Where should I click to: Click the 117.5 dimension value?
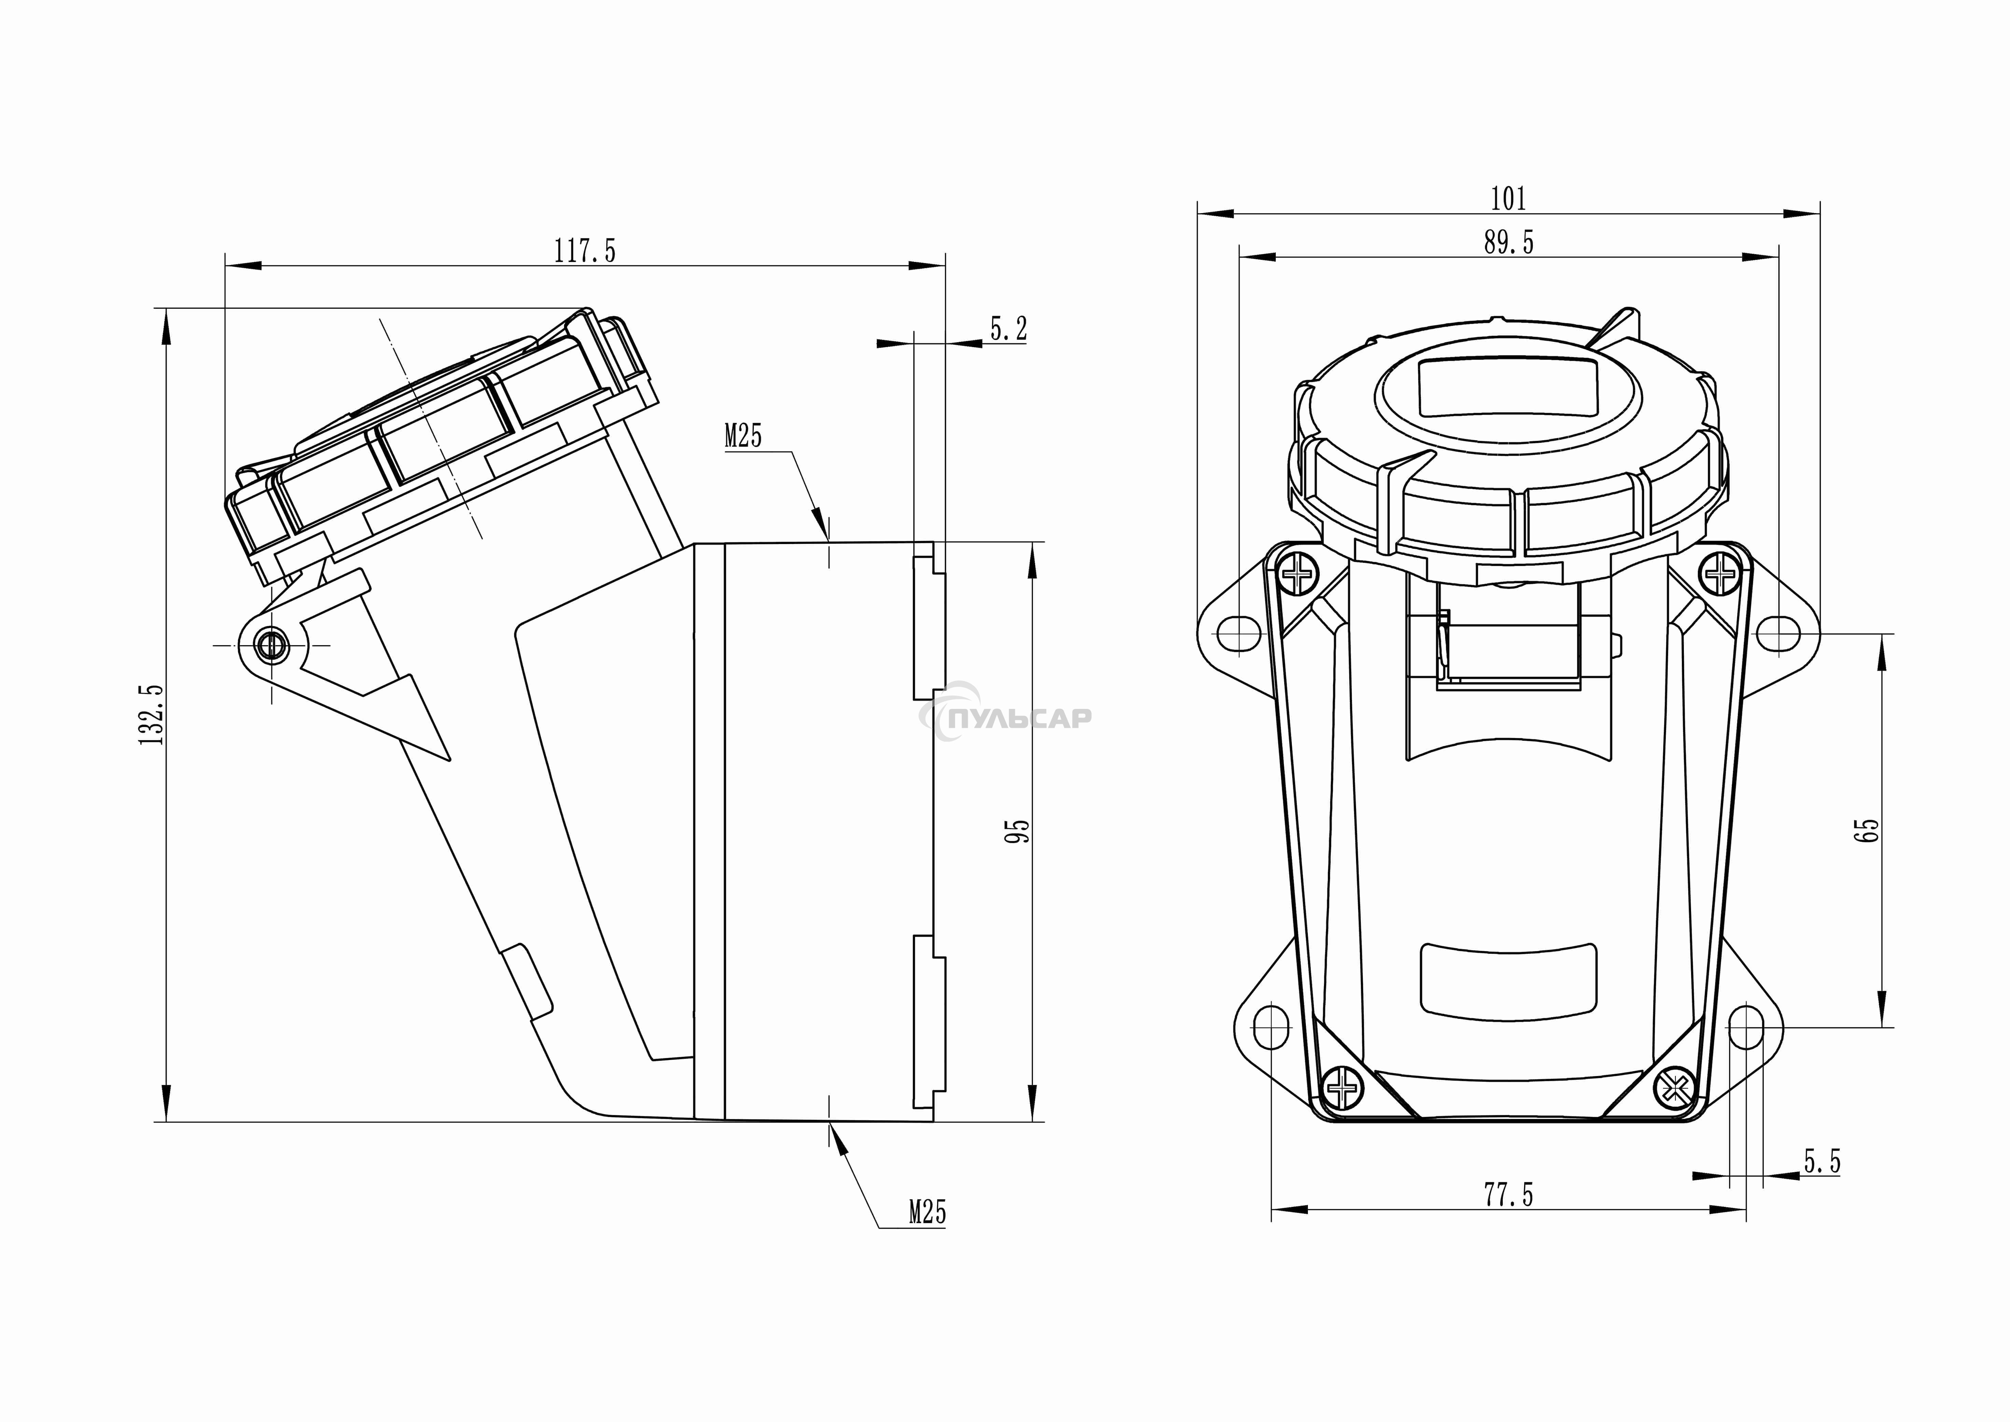click(x=585, y=251)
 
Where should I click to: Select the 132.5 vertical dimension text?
click(x=152, y=714)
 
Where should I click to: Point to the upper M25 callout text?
click(x=743, y=436)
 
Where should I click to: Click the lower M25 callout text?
click(x=927, y=1213)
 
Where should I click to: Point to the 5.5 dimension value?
click(x=1822, y=1162)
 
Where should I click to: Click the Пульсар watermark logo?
click(x=1007, y=717)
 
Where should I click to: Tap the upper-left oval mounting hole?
click(x=1240, y=630)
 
